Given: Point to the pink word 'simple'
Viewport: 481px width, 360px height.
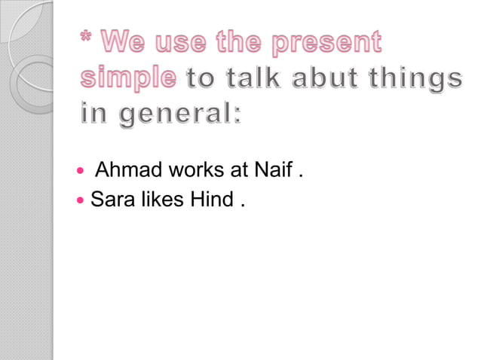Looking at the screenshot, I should (x=129, y=78).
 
